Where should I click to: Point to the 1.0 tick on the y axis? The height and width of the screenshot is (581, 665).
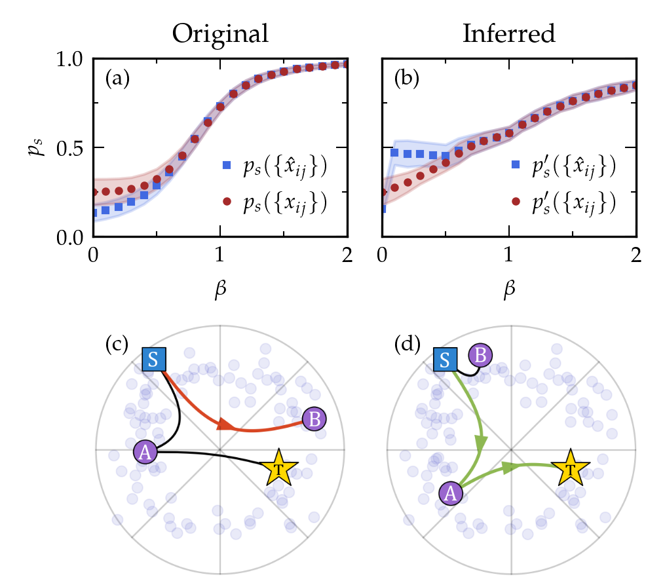point(71,58)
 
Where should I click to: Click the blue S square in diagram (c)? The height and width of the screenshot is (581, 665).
point(155,359)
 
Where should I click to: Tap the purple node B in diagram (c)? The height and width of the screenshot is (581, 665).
point(314,419)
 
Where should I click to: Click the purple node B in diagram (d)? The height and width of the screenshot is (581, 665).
point(480,356)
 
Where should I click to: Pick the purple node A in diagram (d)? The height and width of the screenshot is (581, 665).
point(449,493)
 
